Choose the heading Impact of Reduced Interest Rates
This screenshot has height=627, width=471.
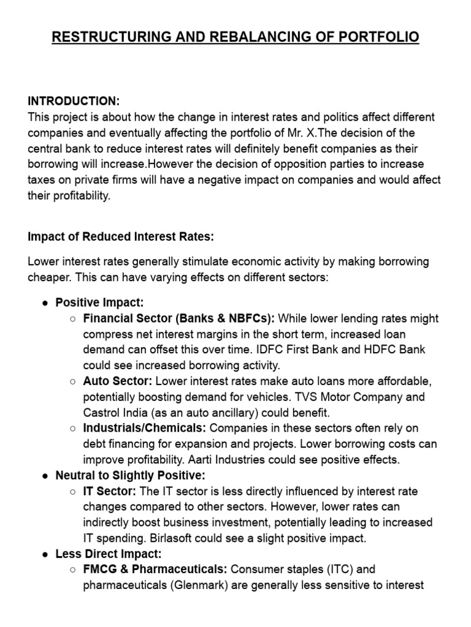[121, 236]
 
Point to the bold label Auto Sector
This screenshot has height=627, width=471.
[118, 381]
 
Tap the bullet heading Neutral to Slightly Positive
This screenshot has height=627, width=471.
[130, 476]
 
